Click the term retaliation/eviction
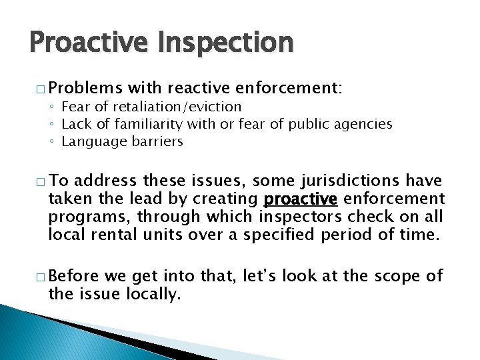175,107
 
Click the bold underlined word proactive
300,199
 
